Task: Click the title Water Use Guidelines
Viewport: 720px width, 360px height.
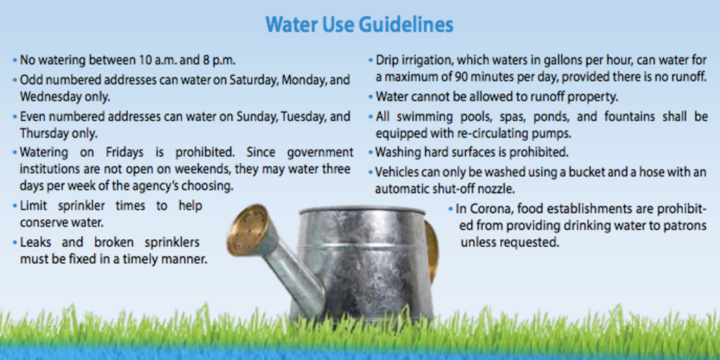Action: pos(359,25)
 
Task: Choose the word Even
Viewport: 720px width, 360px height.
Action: pos(32,116)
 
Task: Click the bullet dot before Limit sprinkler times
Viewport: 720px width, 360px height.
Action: pos(15,207)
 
